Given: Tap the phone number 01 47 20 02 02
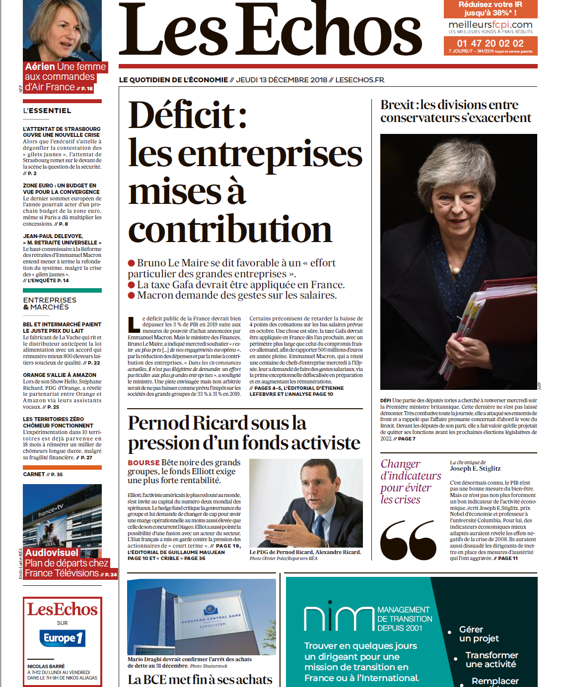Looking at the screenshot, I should pyautogui.click(x=490, y=43).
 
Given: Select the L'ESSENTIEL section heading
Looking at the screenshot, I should pyautogui.click(x=47, y=111).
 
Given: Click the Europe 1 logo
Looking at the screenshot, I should pyautogui.click(x=63, y=638).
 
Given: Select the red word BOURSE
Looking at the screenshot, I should pyautogui.click(x=143, y=463).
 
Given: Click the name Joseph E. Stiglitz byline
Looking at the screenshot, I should pyautogui.click(x=475, y=468).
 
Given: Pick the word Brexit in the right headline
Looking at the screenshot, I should pyautogui.click(x=397, y=105).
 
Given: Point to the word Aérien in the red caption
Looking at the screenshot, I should pyautogui.click(x=40, y=66).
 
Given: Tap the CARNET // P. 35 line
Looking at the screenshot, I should pyautogui.click(x=43, y=474).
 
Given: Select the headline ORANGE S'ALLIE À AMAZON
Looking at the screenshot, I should pyautogui.click(x=60, y=375).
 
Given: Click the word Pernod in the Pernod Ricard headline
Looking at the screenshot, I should pyautogui.click(x=158, y=423).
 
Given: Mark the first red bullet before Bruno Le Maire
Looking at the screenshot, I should pyautogui.click(x=132, y=263).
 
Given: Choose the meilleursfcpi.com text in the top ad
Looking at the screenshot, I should pyautogui.click(x=490, y=25).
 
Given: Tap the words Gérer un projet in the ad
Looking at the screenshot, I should pyautogui.click(x=479, y=634).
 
